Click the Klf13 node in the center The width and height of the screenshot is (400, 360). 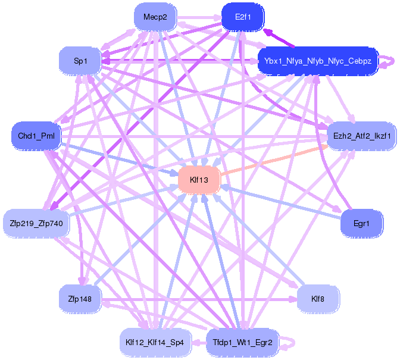tap(199, 180)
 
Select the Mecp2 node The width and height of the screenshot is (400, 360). tap(155, 17)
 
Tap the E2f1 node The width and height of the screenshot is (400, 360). tap(243, 17)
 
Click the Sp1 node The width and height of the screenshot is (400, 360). tap(80, 61)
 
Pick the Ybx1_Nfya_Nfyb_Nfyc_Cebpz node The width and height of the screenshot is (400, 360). tap(318, 61)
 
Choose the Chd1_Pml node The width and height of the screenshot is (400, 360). tap(36, 136)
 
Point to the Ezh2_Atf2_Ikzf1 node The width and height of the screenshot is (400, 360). tap(362, 136)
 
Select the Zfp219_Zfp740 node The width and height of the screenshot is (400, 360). tap(36, 224)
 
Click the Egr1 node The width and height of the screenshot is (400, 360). tap(361, 224)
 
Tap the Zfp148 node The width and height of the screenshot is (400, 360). tap(80, 299)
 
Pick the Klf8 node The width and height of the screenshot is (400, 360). tap(318, 299)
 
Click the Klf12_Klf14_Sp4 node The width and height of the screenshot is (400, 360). tap(155, 342)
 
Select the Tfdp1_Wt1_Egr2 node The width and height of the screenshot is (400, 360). tap(242, 342)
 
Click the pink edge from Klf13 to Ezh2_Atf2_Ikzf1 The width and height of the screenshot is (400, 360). tap(274, 161)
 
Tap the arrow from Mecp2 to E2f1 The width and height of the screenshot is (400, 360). tap(199, 18)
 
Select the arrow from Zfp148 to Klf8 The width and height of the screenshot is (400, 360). tap(199, 299)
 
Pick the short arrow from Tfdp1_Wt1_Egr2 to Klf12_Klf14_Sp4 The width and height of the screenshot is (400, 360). tap(198, 343)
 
